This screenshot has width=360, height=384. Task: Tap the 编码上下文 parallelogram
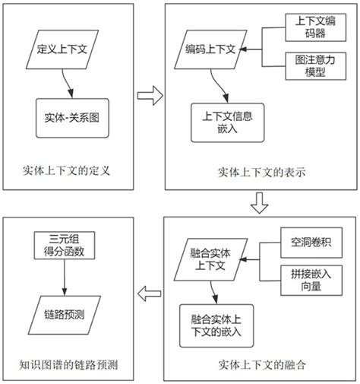(x=211, y=50)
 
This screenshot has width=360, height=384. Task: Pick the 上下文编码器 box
(x=309, y=28)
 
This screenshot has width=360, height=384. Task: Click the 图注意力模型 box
(x=309, y=67)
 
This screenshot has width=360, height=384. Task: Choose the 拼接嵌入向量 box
(x=311, y=279)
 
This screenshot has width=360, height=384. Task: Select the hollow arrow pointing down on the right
(x=260, y=202)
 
